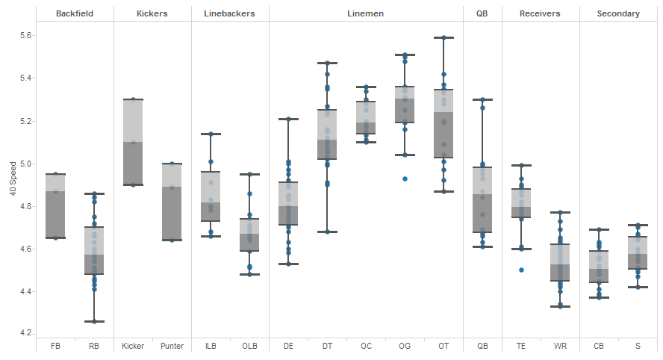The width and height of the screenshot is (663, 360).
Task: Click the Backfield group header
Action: click(75, 13)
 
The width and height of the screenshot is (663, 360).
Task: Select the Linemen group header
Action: click(366, 13)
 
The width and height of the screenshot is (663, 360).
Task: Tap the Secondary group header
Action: click(618, 13)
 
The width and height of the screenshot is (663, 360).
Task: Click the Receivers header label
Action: click(540, 13)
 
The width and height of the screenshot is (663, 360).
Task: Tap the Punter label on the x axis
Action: click(172, 346)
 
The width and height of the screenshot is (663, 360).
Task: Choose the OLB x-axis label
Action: click(249, 346)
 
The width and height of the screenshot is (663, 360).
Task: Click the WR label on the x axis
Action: click(560, 346)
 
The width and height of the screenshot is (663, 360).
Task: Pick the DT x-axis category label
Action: click(327, 346)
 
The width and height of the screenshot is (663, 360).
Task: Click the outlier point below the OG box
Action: click(405, 179)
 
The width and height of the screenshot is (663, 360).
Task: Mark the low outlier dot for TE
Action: click(521, 270)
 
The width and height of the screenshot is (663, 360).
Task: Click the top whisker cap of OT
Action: click(443, 37)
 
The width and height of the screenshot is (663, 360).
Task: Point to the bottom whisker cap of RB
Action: click(94, 321)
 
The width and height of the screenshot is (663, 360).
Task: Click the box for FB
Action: click(55, 205)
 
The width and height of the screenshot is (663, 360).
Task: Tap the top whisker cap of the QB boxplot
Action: click(482, 99)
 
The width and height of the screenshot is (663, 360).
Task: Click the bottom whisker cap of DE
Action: click(288, 264)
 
